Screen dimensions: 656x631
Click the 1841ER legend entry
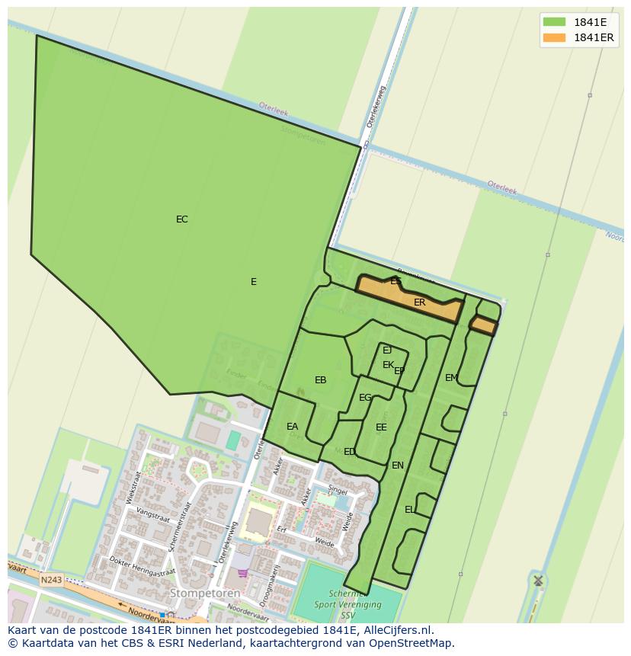point(578,37)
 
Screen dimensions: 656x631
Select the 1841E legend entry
point(578,22)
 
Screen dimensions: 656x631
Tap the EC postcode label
point(181,219)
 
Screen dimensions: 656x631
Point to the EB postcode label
point(321,380)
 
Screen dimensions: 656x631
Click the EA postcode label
point(293,427)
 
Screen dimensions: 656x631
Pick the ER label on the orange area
point(419,302)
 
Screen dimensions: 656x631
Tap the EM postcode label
point(451,378)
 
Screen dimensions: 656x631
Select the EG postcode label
point(365,398)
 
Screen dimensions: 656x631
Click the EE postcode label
point(381,427)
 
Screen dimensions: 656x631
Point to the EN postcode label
point(398,466)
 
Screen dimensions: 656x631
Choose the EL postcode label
point(410,510)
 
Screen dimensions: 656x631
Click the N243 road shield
point(51,580)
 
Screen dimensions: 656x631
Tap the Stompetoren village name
point(205,593)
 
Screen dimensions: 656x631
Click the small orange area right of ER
point(482,326)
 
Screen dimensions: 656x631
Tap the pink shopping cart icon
point(243,573)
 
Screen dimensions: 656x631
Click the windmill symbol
point(538,581)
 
